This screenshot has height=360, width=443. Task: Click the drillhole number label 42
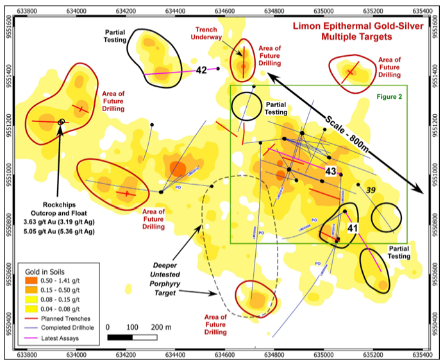click(x=201, y=70)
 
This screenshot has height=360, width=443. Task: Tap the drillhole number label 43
click(x=331, y=171)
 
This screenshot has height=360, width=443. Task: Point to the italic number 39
click(x=371, y=190)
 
